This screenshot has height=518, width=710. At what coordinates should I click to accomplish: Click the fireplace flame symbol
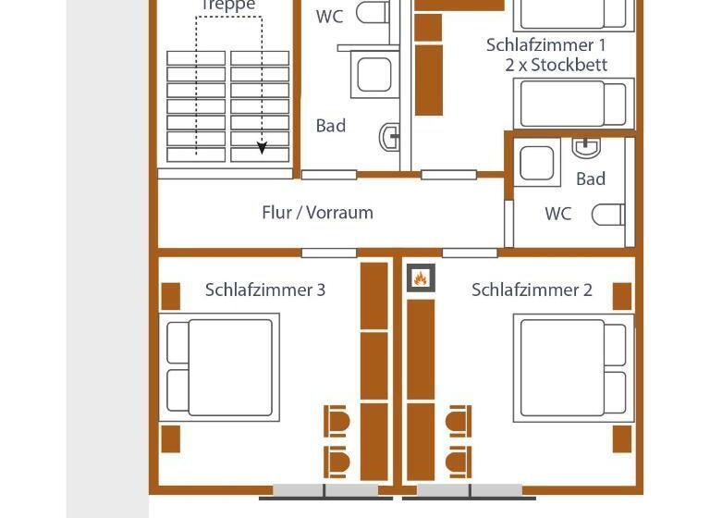[x=421, y=277]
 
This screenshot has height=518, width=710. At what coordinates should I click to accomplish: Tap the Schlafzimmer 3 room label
[x=265, y=290]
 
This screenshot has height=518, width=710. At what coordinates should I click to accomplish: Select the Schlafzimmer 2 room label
[x=532, y=290]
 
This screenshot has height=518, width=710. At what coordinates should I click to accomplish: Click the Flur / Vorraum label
[x=317, y=212]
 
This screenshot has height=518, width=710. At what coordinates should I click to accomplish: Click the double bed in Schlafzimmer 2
[x=574, y=367]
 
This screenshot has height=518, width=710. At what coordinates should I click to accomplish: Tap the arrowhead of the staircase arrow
[x=262, y=148]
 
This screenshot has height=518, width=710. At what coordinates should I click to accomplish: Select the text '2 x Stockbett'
[x=556, y=65]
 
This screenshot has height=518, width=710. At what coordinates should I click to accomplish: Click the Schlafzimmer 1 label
[x=546, y=44]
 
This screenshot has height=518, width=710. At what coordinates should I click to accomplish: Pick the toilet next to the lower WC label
[x=607, y=215]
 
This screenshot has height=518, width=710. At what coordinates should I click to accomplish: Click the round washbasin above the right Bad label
[x=587, y=147]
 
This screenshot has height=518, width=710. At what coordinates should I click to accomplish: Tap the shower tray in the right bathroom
[x=537, y=164]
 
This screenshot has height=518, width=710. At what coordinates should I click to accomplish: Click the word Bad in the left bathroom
[x=330, y=126]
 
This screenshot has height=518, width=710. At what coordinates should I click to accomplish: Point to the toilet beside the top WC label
[x=373, y=13]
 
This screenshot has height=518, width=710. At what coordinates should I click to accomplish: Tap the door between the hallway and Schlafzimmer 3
[x=329, y=253]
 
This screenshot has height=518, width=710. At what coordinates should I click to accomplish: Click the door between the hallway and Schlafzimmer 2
[x=470, y=253]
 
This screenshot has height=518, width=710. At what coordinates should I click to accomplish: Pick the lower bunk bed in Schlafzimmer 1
[x=574, y=104]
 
